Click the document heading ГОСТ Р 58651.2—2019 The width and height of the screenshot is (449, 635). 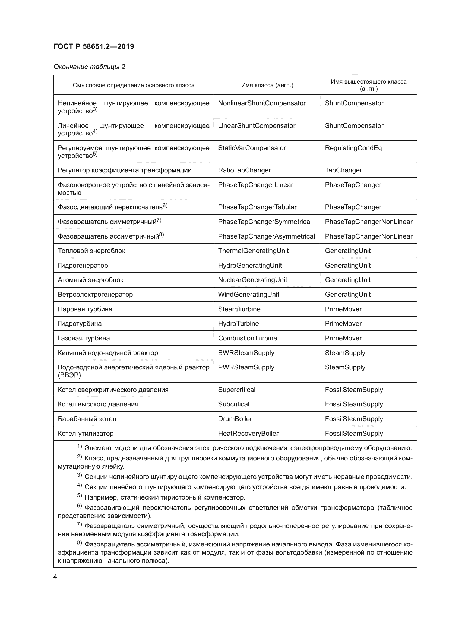(94, 46)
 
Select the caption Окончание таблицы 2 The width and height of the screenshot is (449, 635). (89, 67)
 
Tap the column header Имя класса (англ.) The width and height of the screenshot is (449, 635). (267, 85)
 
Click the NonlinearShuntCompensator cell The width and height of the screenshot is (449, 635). (261, 103)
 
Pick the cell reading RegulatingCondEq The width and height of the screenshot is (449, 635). (353, 148)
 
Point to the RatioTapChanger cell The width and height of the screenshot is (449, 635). (244, 170)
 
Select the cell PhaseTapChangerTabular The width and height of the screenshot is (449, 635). (257, 207)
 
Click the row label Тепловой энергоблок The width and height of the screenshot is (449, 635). (91, 251)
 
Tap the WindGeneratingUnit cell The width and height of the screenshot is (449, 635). (249, 295)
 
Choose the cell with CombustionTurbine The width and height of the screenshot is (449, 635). (248, 338)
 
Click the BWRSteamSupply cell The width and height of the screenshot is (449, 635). (246, 353)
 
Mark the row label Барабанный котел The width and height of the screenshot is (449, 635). (87, 419)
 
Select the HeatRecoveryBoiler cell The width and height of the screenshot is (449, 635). (248, 433)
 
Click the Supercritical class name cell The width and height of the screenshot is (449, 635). (237, 390)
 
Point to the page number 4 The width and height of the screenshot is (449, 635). (55, 577)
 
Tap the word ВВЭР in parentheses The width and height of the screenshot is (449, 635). (69, 375)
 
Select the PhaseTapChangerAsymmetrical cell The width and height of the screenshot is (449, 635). (266, 236)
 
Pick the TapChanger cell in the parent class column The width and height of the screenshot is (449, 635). (343, 170)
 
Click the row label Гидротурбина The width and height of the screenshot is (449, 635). (80, 324)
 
